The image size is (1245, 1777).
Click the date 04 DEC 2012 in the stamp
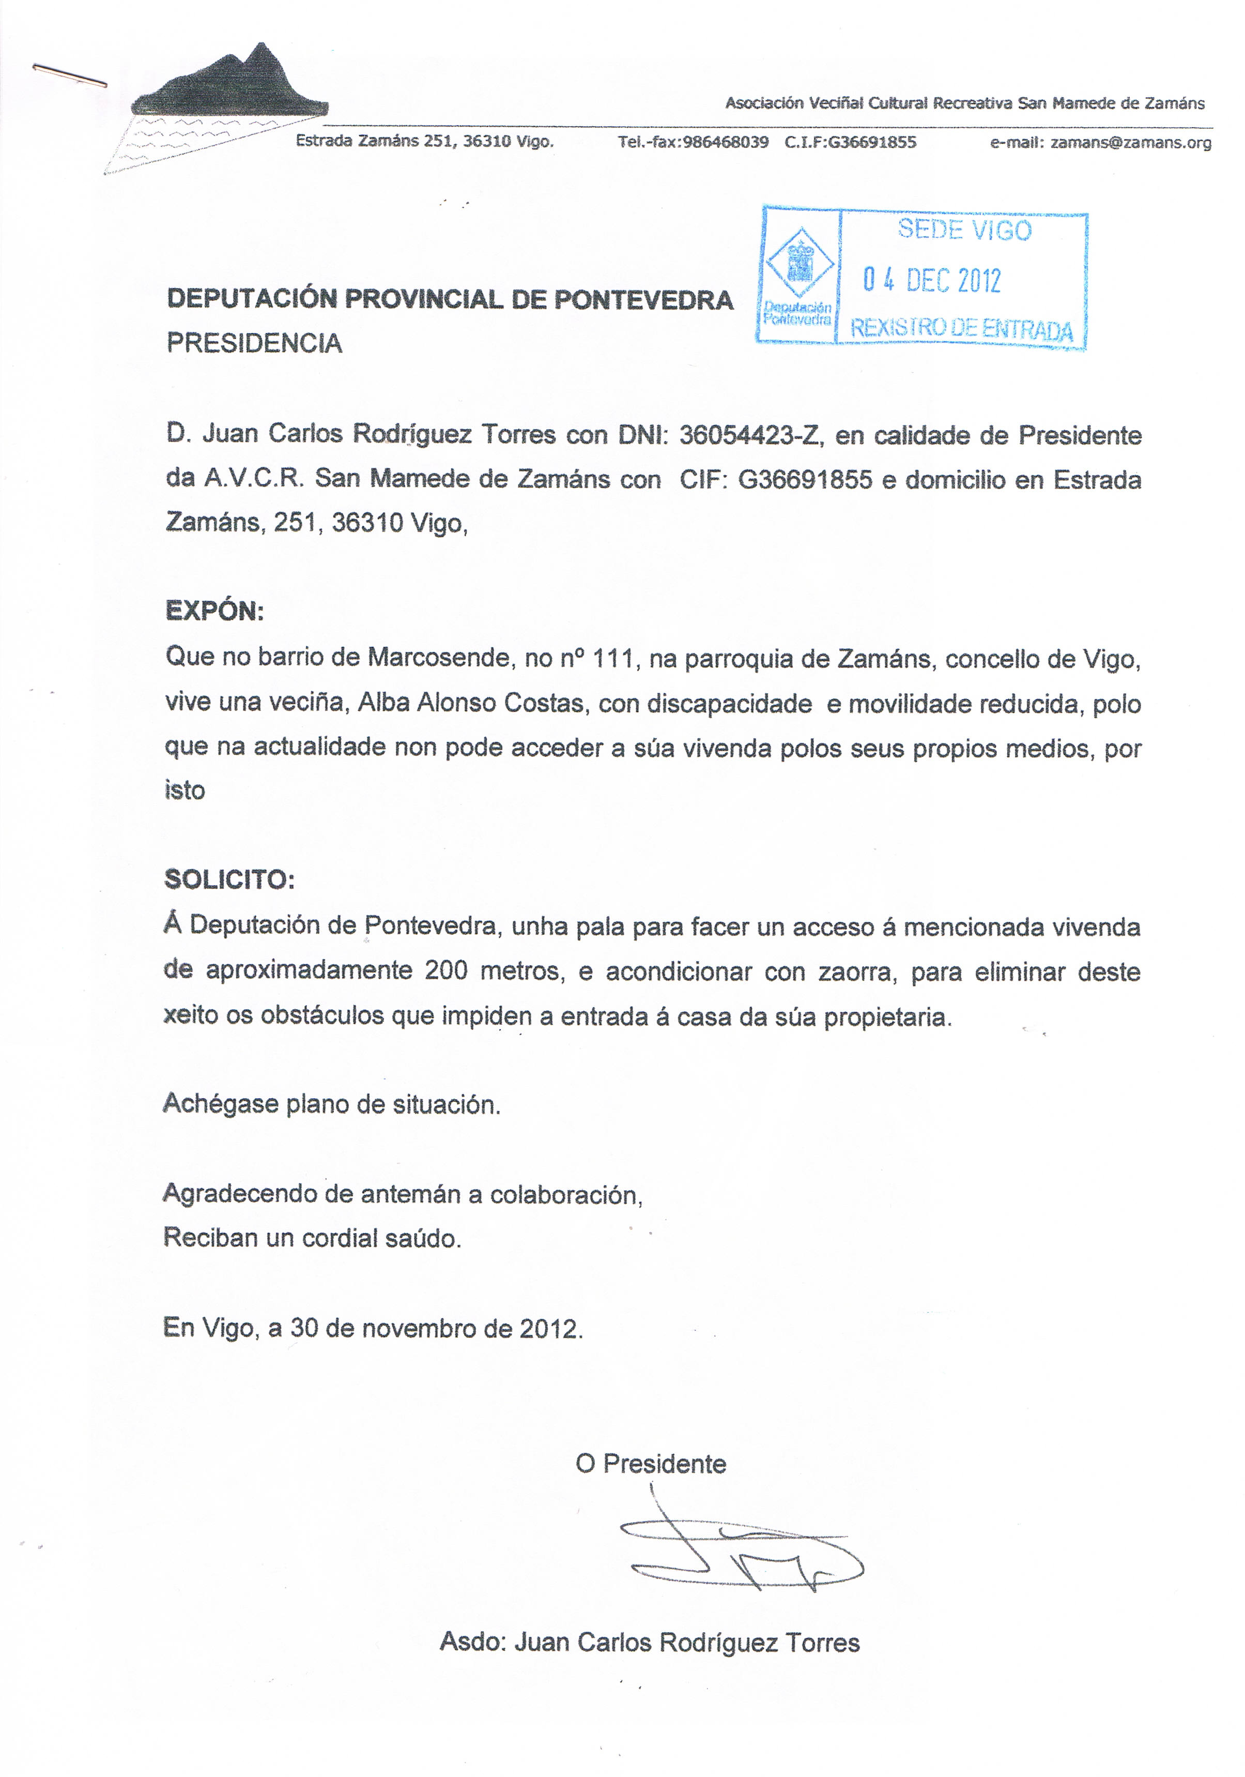932,280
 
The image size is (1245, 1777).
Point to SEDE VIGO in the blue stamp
964,230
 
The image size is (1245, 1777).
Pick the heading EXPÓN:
214,612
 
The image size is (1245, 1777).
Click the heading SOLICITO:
229,879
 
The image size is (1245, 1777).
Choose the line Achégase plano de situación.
331,1104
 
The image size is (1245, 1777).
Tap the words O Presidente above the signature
650,1464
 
